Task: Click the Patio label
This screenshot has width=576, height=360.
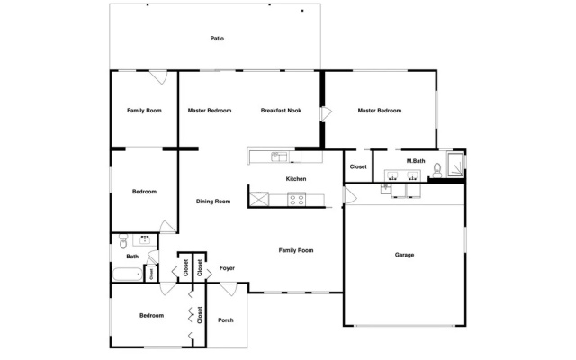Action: tap(217, 39)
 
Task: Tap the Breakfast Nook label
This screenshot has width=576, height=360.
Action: tap(281, 111)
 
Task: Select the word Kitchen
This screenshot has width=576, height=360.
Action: tap(296, 179)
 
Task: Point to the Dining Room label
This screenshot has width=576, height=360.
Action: tap(213, 202)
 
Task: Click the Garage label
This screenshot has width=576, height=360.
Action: tap(404, 255)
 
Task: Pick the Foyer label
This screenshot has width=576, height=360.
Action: tap(227, 268)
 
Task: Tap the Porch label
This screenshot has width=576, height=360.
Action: tap(226, 320)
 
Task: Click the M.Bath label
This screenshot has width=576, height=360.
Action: tap(416, 161)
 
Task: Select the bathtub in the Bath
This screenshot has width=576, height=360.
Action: tap(127, 274)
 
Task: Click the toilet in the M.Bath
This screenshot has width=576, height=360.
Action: tap(437, 170)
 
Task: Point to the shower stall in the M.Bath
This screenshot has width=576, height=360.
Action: tap(455, 164)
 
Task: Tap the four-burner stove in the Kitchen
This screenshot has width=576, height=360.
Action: tap(296, 199)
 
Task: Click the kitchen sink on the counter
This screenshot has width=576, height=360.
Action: tap(279, 157)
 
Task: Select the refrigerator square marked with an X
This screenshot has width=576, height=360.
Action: tap(259, 200)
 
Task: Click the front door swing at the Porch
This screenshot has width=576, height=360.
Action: tap(229, 289)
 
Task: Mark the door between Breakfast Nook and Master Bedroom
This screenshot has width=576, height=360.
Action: tap(326, 114)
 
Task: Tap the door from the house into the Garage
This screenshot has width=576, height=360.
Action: tap(350, 195)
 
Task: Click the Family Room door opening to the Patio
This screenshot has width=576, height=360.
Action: tap(158, 77)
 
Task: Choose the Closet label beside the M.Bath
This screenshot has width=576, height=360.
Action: tap(358, 166)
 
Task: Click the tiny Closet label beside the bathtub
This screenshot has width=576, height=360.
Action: tap(151, 274)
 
